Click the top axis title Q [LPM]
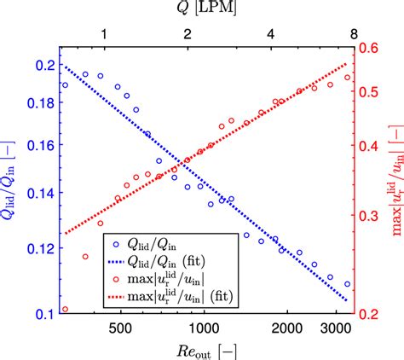[x=201, y=9]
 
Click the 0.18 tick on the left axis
[x=39, y=103]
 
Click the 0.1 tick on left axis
[x=43, y=315]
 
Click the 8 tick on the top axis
[x=353, y=33]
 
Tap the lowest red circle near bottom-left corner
[x=65, y=310]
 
